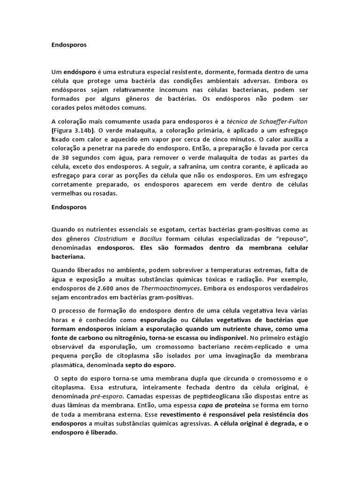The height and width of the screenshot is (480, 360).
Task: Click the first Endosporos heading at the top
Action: (x=69, y=45)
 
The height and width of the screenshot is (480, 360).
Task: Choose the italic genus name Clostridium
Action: (x=110, y=238)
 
